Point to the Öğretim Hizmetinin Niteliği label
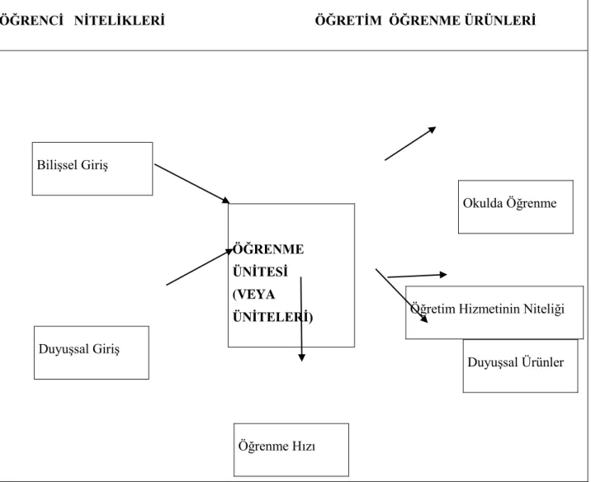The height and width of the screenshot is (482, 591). pyautogui.click(x=487, y=309)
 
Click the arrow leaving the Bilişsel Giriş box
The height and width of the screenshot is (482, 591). pyautogui.click(x=191, y=183)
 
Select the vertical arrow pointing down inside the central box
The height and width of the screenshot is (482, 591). pyautogui.click(x=301, y=319)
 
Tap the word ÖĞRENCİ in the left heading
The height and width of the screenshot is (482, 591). pyautogui.click(x=31, y=21)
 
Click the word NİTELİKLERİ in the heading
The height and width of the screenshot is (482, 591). pyautogui.click(x=120, y=21)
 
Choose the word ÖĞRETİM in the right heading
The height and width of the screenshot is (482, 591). pyautogui.click(x=348, y=21)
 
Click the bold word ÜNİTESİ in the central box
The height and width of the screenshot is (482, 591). pyautogui.click(x=261, y=272)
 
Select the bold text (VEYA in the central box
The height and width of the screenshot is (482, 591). pyautogui.click(x=254, y=295)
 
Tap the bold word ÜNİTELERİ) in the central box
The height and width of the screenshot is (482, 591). pyautogui.click(x=273, y=317)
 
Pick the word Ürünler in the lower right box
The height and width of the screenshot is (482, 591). pyautogui.click(x=543, y=362)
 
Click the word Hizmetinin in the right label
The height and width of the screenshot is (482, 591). pyautogui.click(x=489, y=309)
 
